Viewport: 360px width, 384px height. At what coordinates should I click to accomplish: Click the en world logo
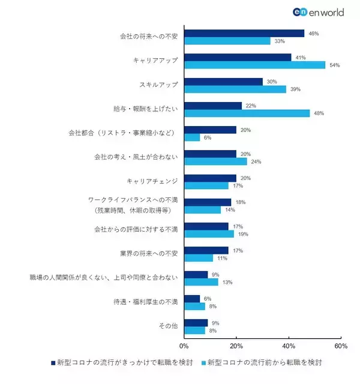click(x=317, y=11)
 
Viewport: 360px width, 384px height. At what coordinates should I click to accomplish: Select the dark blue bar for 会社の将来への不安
click(x=244, y=34)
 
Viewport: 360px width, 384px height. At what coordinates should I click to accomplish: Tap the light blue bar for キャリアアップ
click(x=254, y=65)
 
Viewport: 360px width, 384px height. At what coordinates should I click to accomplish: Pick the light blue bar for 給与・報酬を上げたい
click(x=247, y=113)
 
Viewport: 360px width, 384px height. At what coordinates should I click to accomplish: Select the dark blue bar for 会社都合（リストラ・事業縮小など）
click(x=210, y=130)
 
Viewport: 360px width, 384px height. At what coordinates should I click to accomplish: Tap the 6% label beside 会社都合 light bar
click(x=207, y=137)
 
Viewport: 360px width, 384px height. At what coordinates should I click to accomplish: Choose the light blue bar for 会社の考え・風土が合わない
click(x=215, y=161)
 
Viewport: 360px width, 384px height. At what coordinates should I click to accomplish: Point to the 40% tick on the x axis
click(x=289, y=346)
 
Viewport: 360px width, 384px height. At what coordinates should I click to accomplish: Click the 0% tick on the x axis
click(x=184, y=346)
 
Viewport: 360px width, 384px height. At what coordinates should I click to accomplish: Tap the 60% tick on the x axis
click(x=341, y=346)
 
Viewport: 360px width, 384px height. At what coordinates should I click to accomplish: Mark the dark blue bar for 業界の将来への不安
click(x=206, y=250)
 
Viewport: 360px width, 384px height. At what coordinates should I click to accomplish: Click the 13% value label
click(x=227, y=282)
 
